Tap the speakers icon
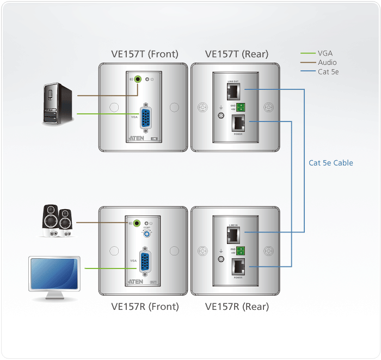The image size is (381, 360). coord(57,221)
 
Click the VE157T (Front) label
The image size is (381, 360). coord(144,54)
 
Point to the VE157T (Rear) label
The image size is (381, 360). coord(236,54)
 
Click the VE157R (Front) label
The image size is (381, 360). coord(145,307)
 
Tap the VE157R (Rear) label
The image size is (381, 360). coord(237,307)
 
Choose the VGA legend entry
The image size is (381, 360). coord(325,53)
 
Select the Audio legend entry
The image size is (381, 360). coord(327,63)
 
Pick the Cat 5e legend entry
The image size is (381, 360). coord(328,72)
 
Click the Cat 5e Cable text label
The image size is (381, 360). coord(331,163)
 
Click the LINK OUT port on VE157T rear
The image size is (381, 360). coord(233,89)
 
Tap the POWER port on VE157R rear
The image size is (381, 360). coord(238,266)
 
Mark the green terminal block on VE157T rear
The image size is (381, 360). coord(240,106)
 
